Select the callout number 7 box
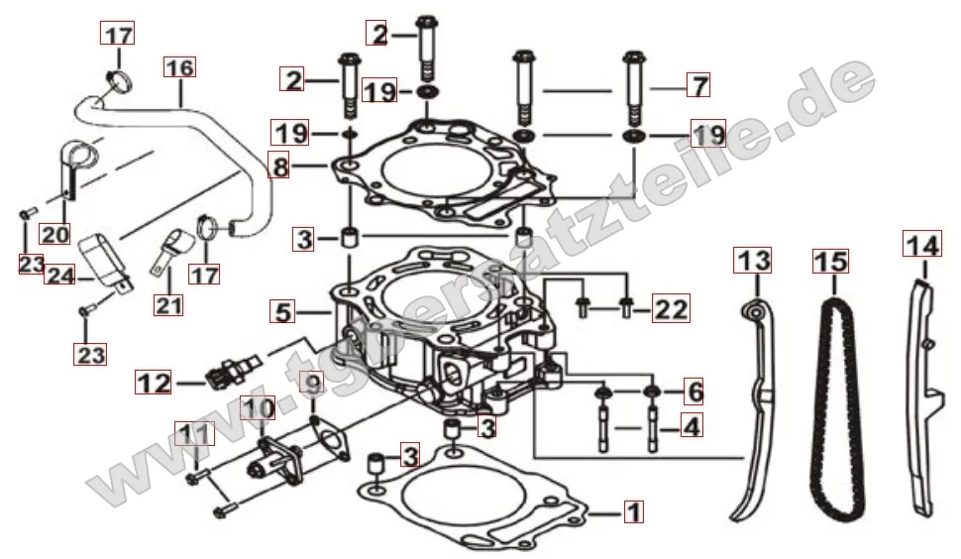(698, 85)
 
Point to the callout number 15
(830, 261)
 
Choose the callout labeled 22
(671, 310)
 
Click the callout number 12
(155, 380)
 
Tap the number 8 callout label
(282, 168)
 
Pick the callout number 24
(59, 274)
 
